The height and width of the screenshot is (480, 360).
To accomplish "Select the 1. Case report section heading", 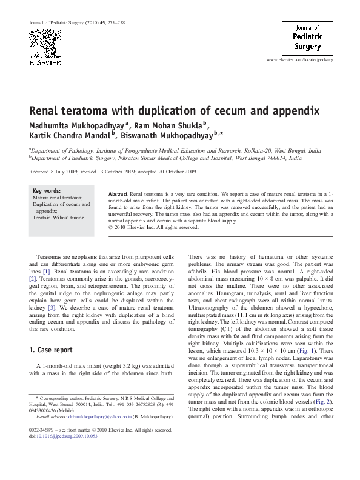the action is click(52, 350).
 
